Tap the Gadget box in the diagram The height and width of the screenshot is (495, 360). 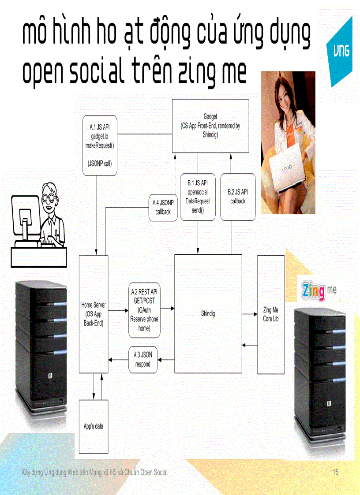210,126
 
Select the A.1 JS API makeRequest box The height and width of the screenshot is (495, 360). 100,145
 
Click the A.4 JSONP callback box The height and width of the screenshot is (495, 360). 163,208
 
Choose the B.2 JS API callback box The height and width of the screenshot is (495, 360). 238,197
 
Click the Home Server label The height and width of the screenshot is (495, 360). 94,313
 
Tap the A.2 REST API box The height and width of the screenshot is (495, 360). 144,310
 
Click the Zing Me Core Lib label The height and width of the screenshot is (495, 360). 270,314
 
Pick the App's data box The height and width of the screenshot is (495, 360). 94,426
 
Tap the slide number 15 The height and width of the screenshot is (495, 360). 335,472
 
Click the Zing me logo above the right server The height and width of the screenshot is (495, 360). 319,290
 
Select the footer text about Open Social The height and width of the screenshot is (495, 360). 94,472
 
